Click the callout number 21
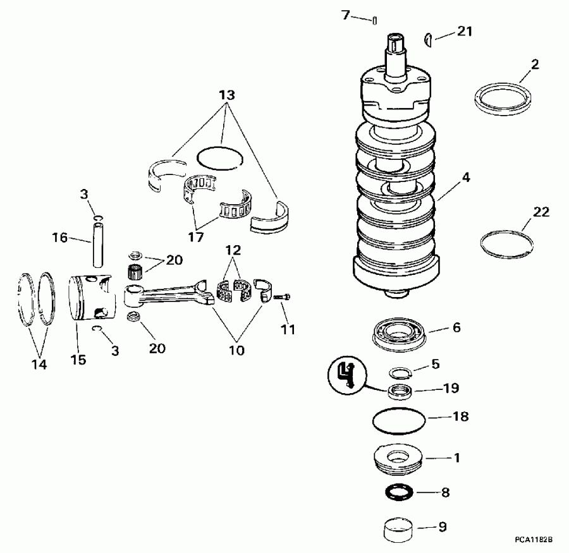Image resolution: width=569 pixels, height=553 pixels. pyautogui.click(x=465, y=32)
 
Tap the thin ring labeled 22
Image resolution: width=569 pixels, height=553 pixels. pyautogui.click(x=505, y=243)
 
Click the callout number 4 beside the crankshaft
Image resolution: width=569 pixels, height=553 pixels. pyautogui.click(x=465, y=178)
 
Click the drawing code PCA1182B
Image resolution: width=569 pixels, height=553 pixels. pyautogui.click(x=534, y=540)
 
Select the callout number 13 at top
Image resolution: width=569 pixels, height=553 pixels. pyautogui.click(x=226, y=95)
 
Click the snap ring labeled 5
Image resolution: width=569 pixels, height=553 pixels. pyautogui.click(x=399, y=372)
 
